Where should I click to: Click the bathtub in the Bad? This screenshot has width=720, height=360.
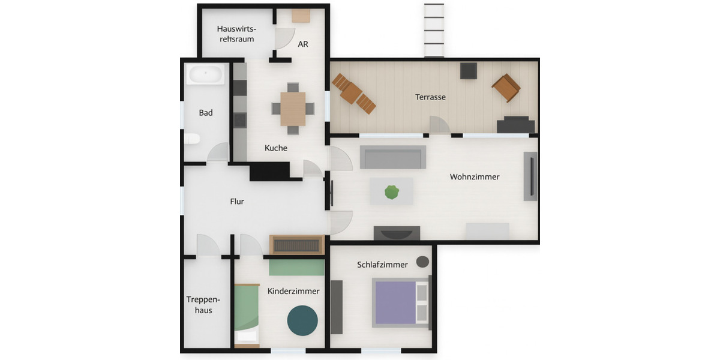click(206, 74)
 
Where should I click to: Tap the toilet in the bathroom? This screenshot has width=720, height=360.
click(191, 139)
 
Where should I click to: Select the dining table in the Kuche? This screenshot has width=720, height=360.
click(293, 109)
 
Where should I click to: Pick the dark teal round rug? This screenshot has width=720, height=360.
click(302, 320)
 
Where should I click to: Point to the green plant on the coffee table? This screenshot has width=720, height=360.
click(392, 192)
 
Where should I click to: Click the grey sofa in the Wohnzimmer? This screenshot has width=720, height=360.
click(393, 157)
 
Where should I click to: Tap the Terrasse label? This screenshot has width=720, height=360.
click(430, 97)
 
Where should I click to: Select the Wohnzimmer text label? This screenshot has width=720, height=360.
click(475, 177)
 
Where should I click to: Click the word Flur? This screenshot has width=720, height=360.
click(237, 202)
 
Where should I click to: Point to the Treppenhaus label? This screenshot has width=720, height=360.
click(203, 305)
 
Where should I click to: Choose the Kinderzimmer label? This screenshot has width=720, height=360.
click(293, 291)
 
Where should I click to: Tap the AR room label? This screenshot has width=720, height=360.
click(303, 44)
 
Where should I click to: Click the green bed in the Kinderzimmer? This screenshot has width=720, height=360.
click(246, 308)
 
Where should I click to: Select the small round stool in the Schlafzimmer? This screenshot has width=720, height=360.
click(422, 262)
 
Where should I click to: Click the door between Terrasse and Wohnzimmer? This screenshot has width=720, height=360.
click(440, 126)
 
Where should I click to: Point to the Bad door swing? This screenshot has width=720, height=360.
click(217, 153)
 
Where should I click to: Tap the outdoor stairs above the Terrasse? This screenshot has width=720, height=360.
click(434, 30)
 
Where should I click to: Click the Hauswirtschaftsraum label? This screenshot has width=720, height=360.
click(236, 34)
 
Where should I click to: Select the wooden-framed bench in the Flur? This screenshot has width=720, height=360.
click(296, 244)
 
